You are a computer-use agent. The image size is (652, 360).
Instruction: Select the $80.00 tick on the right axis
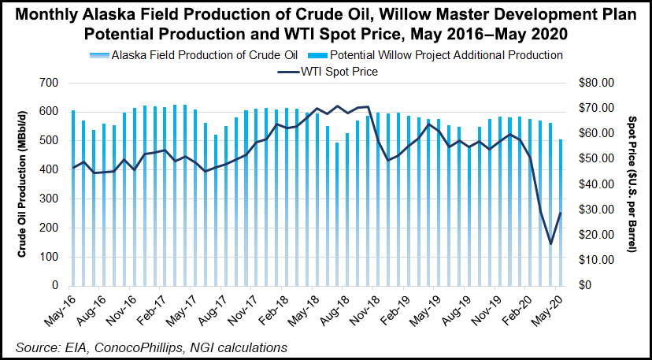[x=595, y=83]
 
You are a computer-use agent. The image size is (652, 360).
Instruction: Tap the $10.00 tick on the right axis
[x=595, y=260]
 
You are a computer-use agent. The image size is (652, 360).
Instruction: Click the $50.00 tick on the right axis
[x=595, y=158]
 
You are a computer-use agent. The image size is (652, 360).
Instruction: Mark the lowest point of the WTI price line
[x=550, y=243]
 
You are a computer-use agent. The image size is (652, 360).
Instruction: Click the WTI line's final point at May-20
[x=561, y=213]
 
